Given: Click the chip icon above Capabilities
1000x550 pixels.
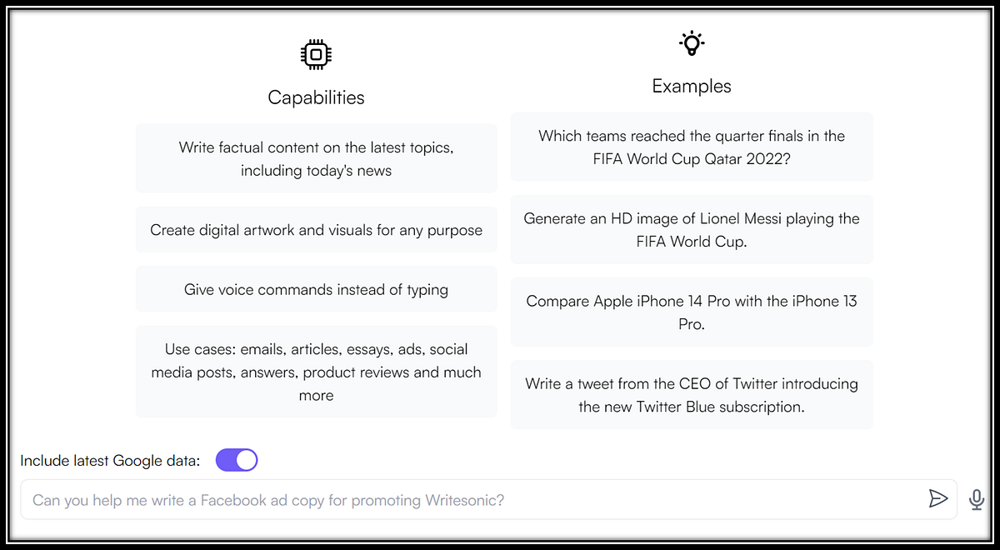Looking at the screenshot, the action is tap(316, 54).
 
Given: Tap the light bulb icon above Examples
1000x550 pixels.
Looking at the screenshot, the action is tap(692, 43).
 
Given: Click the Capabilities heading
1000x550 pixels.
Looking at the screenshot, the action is tap(316, 97).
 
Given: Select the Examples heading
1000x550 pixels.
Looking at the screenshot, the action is tap(692, 86).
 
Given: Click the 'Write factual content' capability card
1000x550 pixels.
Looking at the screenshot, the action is tap(316, 158).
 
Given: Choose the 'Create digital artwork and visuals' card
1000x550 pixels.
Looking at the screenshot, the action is tap(316, 229).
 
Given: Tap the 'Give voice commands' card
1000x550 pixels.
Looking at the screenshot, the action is tap(316, 289).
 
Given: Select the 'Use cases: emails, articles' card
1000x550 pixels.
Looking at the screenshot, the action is tap(316, 372).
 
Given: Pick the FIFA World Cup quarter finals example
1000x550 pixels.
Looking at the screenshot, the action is tap(692, 147).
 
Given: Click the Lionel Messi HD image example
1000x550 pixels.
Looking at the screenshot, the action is tap(692, 229).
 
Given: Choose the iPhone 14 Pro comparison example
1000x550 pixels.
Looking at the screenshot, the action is tap(692, 312).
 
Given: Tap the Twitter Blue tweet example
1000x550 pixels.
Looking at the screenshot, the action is tap(692, 395).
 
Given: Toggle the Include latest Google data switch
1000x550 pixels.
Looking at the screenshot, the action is tap(237, 460).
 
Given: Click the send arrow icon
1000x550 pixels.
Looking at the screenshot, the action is tap(937, 498).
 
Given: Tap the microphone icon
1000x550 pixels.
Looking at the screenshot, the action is tap(977, 499).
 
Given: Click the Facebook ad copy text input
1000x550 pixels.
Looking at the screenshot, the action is tap(473, 499).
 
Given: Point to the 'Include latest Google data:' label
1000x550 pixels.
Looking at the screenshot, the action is tap(110, 460).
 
